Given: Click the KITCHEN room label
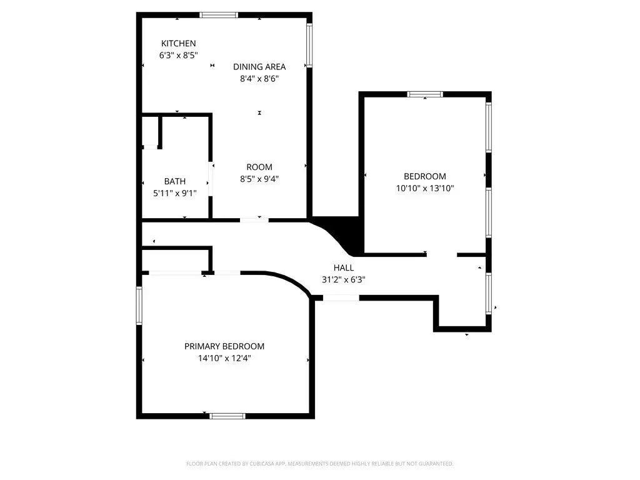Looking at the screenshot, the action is (x=178, y=43).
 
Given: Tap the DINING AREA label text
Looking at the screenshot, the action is (x=259, y=67).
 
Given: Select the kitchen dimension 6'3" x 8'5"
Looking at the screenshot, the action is (x=178, y=55).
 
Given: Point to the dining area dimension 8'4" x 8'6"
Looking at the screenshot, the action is (x=259, y=78).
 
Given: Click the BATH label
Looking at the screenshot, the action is (x=175, y=181).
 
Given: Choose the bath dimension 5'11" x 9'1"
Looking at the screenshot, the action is (x=175, y=193).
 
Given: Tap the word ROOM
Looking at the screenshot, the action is (x=259, y=167).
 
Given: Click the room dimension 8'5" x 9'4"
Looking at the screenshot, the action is (x=259, y=179).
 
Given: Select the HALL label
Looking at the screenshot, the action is (x=344, y=267).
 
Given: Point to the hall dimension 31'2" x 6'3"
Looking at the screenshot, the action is (x=344, y=279).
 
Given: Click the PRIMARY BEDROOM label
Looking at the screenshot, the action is (x=224, y=346).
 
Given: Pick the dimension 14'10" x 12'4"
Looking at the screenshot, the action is (x=224, y=358).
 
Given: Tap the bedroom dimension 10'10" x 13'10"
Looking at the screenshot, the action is (x=425, y=188).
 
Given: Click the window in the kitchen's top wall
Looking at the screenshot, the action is (x=218, y=15).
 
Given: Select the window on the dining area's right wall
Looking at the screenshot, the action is (x=309, y=45).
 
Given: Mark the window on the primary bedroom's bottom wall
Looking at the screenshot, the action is (x=227, y=416).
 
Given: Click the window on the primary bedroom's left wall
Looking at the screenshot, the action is (x=139, y=306).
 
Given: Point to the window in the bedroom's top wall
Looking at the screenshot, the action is (x=425, y=94).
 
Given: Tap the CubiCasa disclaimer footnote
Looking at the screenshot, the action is (x=319, y=464).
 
